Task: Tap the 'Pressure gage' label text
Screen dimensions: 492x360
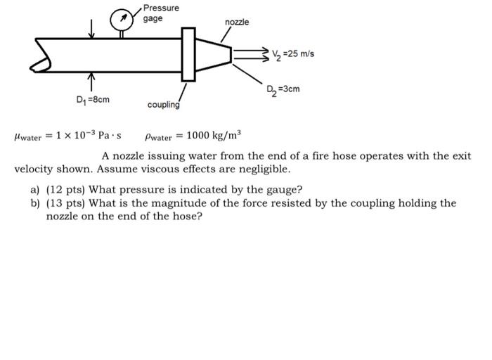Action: [161, 13]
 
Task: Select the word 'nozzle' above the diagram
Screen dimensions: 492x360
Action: [237, 22]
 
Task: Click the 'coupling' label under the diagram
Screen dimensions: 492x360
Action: [164, 105]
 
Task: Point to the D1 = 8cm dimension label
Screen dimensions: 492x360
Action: [93, 100]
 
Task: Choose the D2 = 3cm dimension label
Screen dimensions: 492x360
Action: [283, 89]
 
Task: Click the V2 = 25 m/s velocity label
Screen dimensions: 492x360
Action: [293, 54]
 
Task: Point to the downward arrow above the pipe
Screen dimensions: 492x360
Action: [91, 29]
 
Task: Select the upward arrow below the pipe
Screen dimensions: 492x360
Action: [91, 82]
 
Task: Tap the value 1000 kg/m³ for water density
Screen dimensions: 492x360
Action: [214, 135]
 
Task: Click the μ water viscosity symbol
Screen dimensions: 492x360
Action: [28, 136]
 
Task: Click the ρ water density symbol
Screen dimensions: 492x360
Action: [158, 137]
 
